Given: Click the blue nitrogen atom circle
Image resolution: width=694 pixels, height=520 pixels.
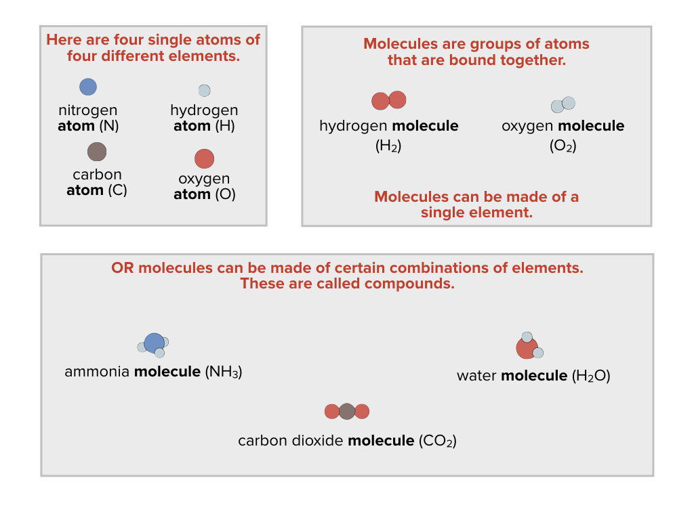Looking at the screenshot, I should [88, 87].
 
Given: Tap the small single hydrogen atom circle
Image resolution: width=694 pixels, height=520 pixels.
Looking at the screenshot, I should [204, 90].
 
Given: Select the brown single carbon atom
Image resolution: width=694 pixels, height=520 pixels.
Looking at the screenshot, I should [97, 151].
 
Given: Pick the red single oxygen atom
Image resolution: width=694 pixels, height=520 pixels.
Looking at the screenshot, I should [204, 159].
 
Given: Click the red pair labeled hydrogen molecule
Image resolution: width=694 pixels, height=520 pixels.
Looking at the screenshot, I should [388, 101].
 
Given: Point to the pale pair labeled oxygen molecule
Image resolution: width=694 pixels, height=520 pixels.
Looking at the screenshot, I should [563, 104].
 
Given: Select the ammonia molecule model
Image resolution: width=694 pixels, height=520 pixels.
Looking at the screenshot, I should [153, 344].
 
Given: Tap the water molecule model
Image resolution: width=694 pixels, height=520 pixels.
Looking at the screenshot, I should [528, 346].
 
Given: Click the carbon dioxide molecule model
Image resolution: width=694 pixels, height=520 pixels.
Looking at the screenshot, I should [346, 411].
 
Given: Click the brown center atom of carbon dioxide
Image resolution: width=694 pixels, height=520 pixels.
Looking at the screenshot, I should [346, 411].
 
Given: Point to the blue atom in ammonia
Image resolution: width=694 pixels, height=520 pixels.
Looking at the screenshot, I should [154, 343].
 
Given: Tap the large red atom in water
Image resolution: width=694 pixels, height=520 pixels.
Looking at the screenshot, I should [526, 348].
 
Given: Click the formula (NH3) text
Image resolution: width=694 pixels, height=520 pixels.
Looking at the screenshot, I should [223, 372].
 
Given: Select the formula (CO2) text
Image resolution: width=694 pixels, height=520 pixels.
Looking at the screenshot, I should [438, 441].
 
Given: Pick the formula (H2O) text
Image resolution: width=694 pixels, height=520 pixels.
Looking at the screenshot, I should [591, 376].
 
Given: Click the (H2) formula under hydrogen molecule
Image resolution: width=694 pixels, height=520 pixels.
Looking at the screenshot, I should [388, 146].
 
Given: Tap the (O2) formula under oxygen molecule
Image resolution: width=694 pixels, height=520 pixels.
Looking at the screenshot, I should [563, 146].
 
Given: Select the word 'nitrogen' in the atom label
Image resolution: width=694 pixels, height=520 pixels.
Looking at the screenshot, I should [87, 110].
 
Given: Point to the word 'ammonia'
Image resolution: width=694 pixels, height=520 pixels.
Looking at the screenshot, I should [98, 372].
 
